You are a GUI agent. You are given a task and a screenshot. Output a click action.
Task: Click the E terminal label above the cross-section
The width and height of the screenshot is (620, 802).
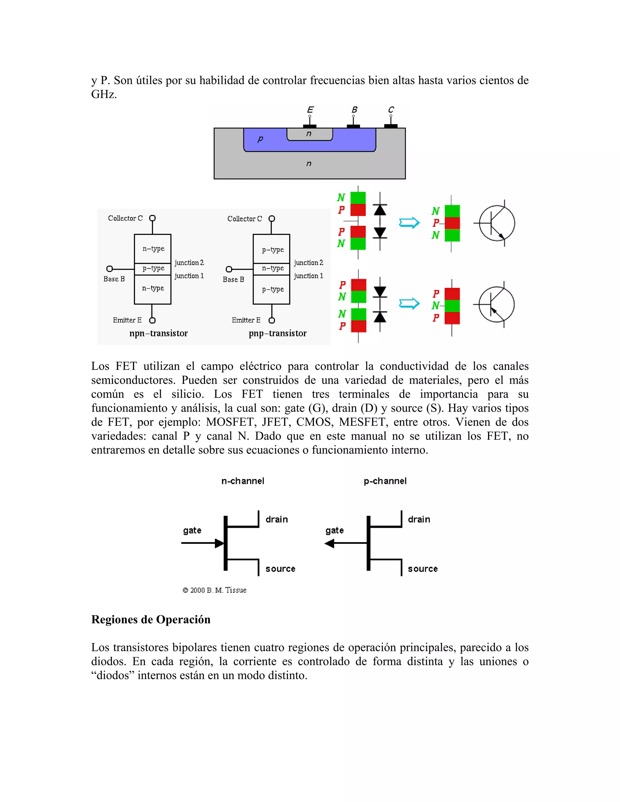tap(310, 110)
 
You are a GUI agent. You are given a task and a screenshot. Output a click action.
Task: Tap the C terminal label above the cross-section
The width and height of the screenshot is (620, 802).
tap(391, 110)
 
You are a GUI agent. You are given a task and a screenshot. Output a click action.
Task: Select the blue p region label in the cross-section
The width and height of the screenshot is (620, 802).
tap(260, 139)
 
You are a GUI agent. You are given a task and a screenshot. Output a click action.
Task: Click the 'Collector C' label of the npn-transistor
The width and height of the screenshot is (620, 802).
tap(125, 218)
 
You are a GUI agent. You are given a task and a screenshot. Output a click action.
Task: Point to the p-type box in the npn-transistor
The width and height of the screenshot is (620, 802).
tap(153, 268)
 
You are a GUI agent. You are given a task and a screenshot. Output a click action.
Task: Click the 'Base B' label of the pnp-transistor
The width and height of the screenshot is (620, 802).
tap(233, 279)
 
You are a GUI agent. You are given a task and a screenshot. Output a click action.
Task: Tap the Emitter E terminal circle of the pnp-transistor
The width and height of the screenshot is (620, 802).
tap(272, 320)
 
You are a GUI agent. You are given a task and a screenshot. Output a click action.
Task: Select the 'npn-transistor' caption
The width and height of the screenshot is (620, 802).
tap(158, 334)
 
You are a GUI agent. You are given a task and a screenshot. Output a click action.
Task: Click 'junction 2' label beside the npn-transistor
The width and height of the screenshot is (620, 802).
tap(189, 263)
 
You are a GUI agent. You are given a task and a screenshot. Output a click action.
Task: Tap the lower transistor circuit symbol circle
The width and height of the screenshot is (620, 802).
tap(496, 304)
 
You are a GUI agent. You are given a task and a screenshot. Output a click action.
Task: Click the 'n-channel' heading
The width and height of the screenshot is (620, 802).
tap(243, 481)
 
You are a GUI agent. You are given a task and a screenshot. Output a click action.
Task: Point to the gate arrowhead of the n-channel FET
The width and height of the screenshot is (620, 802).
tap(219, 543)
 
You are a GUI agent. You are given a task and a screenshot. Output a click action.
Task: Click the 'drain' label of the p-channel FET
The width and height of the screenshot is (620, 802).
tap(419, 519)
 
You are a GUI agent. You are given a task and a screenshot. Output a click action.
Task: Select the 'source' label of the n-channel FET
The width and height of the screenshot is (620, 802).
tap(280, 569)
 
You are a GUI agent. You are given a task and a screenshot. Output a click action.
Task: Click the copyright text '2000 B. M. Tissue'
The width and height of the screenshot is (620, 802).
tap(215, 590)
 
